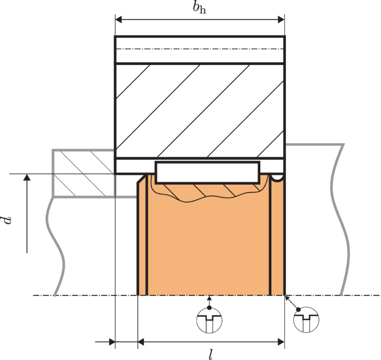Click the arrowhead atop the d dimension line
click(x=26, y=177)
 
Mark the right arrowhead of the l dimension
click(x=280, y=341)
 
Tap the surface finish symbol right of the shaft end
click(x=305, y=321)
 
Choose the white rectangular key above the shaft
click(x=207, y=172)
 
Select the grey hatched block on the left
click(x=83, y=172)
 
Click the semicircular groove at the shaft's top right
click(x=278, y=177)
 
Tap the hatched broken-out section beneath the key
click(x=206, y=192)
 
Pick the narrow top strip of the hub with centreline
click(x=199, y=50)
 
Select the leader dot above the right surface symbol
click(x=299, y=309)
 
